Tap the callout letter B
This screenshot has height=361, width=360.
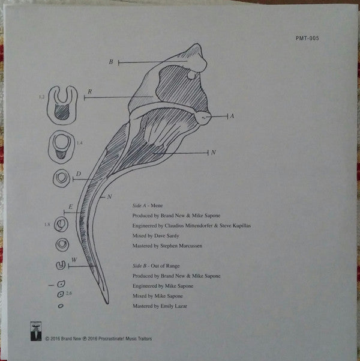(111, 62)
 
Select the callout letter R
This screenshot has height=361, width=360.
(89, 92)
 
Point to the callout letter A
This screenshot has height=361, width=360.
(232, 117)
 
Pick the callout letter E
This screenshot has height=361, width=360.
(71, 208)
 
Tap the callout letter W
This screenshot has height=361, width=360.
(73, 259)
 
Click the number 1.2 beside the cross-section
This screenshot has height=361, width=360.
(41, 97)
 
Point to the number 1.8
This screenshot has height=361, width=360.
(47, 225)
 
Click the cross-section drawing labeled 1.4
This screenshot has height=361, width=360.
(61, 144)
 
